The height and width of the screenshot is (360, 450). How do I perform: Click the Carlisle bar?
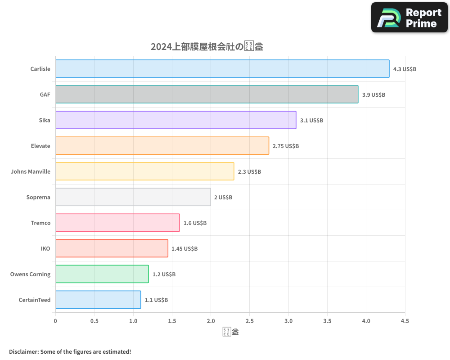pyautogui.click(x=222, y=69)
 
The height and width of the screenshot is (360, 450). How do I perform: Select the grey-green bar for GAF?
pyautogui.click(x=207, y=94)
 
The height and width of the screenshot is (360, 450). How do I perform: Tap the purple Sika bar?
pyautogui.click(x=175, y=120)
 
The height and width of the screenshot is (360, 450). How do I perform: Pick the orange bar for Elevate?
pyautogui.click(x=162, y=146)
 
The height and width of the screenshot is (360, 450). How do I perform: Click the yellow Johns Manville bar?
pyautogui.click(x=144, y=171)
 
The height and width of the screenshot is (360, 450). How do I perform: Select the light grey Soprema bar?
pyautogui.click(x=133, y=197)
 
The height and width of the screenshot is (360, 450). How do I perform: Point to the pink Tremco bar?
pyautogui.click(x=117, y=223)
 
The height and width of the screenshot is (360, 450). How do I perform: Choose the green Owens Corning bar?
pyautogui.click(x=102, y=274)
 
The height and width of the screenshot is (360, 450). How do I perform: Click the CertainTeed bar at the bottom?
pyautogui.click(x=98, y=300)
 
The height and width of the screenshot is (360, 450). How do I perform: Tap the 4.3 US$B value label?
pyautogui.click(x=405, y=69)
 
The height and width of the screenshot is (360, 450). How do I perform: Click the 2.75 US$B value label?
pyautogui.click(x=285, y=146)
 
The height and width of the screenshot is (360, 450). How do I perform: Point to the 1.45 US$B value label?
pyautogui.click(x=184, y=249)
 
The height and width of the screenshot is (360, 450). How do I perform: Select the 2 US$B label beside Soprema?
pyautogui.click(x=223, y=198)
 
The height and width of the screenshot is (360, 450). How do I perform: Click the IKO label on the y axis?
pyautogui.click(x=45, y=249)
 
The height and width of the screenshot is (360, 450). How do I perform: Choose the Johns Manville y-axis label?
pyautogui.click(x=31, y=172)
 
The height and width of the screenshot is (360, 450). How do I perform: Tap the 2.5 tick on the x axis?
pyautogui.click(x=250, y=321)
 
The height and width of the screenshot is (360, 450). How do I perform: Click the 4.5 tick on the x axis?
pyautogui.click(x=405, y=321)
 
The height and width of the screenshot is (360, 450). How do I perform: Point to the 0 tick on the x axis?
pyautogui.click(x=55, y=321)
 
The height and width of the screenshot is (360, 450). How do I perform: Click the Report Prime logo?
pyautogui.click(x=409, y=18)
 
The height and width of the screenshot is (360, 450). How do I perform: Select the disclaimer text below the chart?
pyautogui.click(x=70, y=351)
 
